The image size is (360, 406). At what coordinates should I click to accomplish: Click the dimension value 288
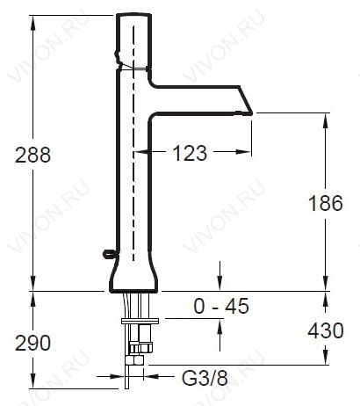click(32, 155)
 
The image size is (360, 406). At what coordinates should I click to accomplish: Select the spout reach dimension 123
click(190, 153)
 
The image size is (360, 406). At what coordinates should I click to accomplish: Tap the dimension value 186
click(326, 203)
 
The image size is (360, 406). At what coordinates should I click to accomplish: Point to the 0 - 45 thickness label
click(221, 306)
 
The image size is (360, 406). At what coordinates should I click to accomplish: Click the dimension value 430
click(326, 331)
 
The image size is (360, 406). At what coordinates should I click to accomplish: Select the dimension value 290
click(32, 343)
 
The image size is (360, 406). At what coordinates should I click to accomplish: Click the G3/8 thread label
click(205, 378)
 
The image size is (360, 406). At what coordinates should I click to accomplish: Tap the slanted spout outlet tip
click(252, 113)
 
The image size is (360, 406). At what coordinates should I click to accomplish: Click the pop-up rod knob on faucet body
click(108, 254)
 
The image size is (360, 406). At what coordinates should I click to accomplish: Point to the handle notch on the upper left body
click(118, 58)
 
